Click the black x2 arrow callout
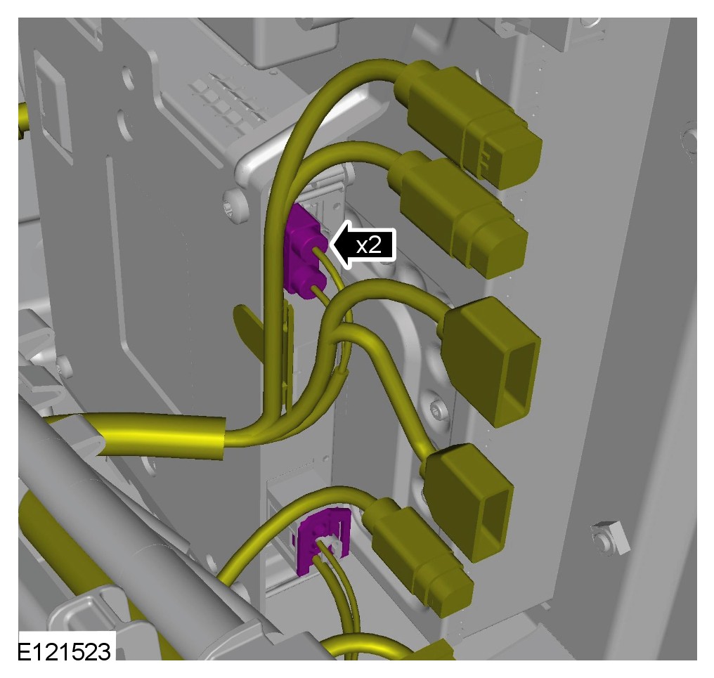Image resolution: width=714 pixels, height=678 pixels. point(363,245)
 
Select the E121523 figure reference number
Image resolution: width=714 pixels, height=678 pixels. point(64,651)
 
